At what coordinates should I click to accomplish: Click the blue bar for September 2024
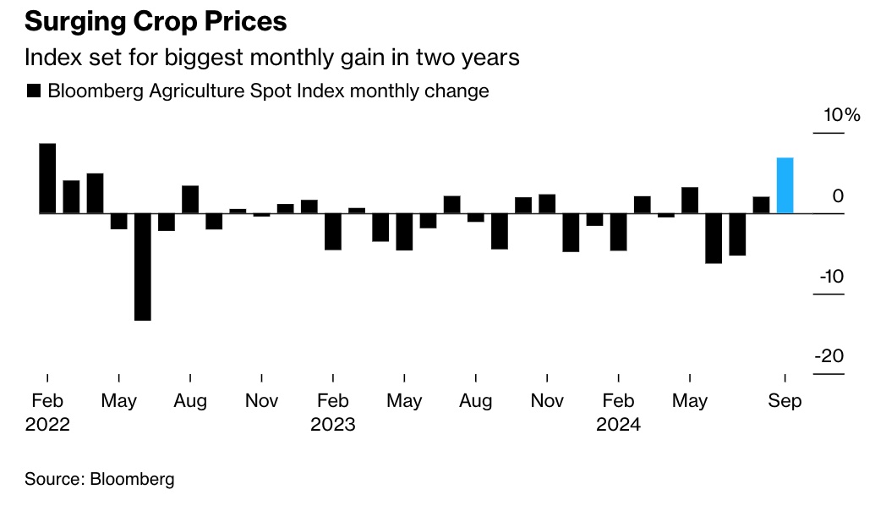(785, 185)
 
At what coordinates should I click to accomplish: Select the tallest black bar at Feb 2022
(47, 178)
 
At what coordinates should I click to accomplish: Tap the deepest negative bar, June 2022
(143, 267)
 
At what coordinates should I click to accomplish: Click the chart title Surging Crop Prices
(155, 21)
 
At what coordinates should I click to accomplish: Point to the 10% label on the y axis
(841, 115)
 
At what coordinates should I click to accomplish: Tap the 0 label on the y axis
(838, 196)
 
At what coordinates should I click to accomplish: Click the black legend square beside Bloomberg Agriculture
(34, 91)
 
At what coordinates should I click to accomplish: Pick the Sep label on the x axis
(785, 401)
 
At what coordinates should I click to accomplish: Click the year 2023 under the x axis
(333, 425)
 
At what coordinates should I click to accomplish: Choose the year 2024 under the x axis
(619, 425)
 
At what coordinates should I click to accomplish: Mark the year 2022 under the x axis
(47, 425)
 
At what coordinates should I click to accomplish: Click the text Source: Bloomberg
(100, 479)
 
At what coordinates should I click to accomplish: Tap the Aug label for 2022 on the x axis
(190, 401)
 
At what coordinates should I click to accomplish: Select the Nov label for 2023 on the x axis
(547, 401)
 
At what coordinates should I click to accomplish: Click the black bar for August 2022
(190, 199)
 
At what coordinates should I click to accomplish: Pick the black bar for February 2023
(333, 231)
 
